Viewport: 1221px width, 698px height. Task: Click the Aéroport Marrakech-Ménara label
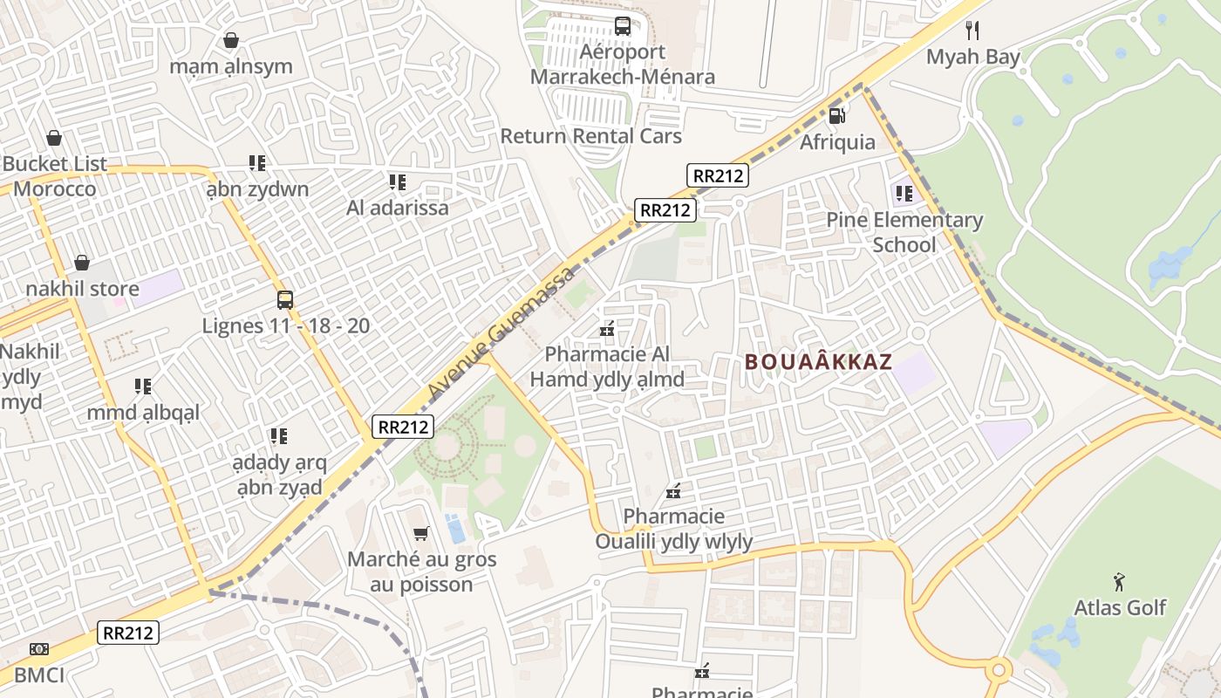[623, 65]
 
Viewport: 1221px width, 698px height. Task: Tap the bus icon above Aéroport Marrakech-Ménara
[622, 26]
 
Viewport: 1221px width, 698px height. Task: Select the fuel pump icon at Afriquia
[836, 115]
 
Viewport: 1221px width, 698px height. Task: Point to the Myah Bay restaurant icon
[972, 31]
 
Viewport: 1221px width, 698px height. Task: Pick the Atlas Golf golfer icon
[1119, 581]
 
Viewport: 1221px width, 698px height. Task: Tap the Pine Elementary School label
[904, 232]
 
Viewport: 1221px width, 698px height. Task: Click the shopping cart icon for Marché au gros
[420, 533]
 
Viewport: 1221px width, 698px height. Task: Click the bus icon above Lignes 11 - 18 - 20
[285, 300]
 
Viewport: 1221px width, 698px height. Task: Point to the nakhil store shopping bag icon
[82, 263]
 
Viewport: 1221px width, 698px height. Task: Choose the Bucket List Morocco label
[54, 176]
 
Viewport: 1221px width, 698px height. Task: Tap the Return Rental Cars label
[590, 136]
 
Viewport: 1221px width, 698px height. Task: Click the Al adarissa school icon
[398, 182]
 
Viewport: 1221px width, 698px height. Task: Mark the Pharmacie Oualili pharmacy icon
[673, 491]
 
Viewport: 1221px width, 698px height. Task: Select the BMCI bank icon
[38, 649]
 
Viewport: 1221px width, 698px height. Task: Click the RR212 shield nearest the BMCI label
[128, 633]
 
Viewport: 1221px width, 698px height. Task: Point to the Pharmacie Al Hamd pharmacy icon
[607, 330]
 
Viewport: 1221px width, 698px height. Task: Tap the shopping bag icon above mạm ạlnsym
[231, 40]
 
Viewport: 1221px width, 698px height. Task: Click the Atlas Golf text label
[1120, 607]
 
